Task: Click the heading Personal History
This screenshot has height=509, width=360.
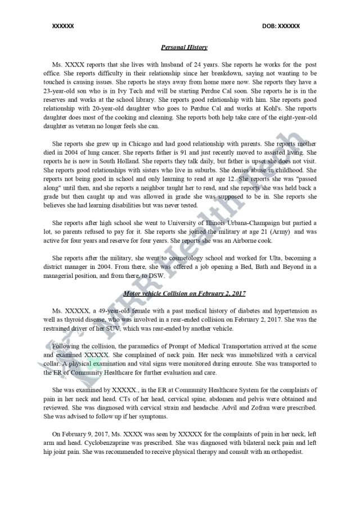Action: coord(184,48)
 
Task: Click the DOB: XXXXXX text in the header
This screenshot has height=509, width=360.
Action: coord(281,26)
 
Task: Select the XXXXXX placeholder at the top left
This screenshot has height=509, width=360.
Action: coord(63,26)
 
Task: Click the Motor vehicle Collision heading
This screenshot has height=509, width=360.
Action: coord(184,294)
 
